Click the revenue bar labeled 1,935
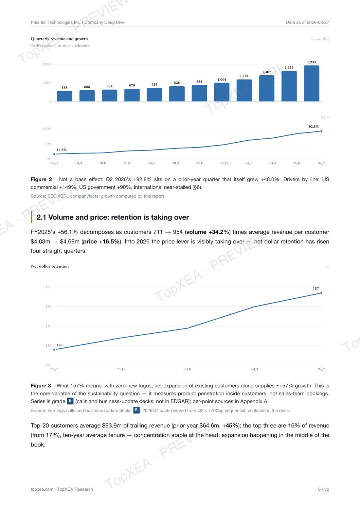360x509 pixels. click(x=311, y=83)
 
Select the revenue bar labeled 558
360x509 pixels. click(x=64, y=96)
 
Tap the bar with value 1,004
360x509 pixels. click(x=222, y=92)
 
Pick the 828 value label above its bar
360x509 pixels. click(x=177, y=83)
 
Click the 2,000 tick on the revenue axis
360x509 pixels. click(x=46, y=64)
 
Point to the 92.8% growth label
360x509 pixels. click(x=314, y=127)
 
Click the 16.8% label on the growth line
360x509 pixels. click(x=62, y=150)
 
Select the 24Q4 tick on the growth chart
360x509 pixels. click(x=175, y=163)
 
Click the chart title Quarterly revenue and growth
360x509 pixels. click(x=59, y=39)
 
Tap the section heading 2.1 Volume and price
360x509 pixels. click(x=113, y=217)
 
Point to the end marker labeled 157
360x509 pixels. click(x=321, y=293)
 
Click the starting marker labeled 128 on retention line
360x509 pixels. click(x=54, y=350)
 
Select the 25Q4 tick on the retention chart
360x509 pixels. click(x=188, y=369)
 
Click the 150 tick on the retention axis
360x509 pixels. click(x=48, y=307)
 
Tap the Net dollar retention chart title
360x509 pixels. click(x=50, y=266)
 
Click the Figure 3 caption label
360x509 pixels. click(x=41, y=386)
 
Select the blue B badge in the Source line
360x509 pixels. click(x=136, y=410)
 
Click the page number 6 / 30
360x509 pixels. click(x=324, y=489)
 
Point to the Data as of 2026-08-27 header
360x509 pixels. click(x=308, y=22)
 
